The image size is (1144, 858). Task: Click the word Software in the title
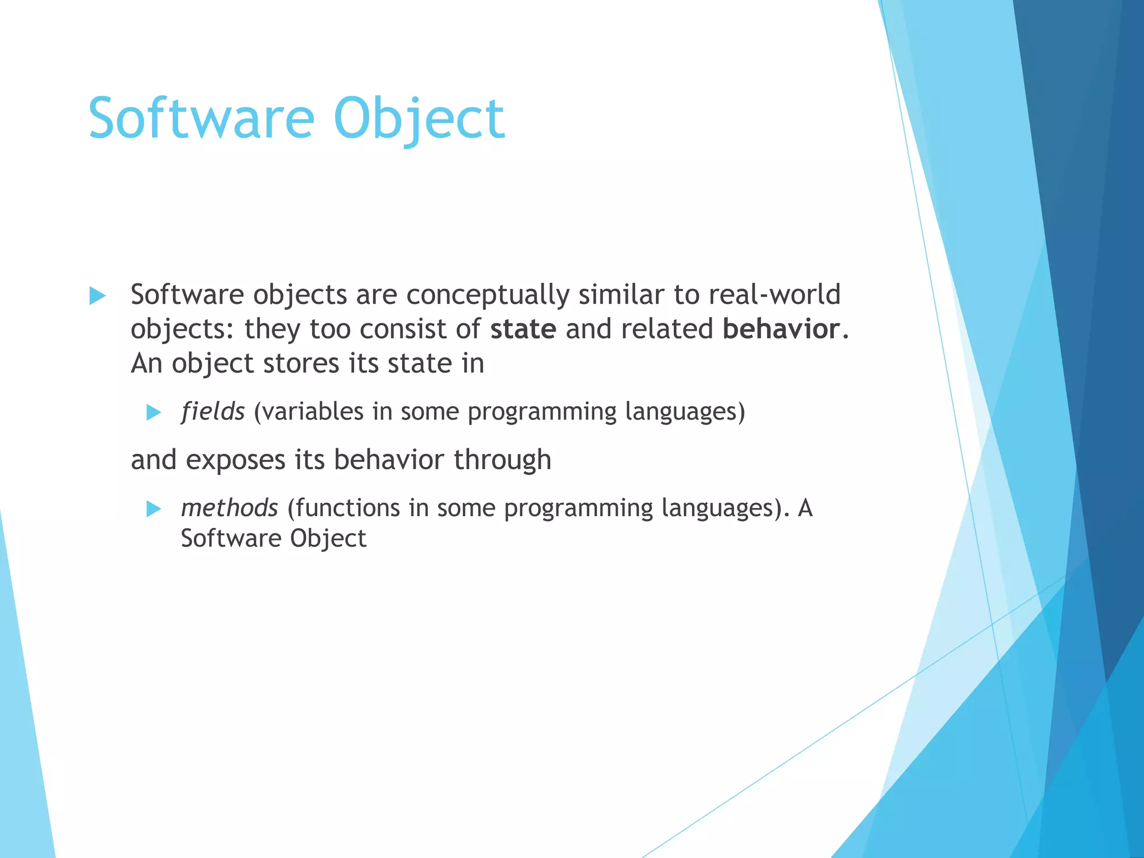201,118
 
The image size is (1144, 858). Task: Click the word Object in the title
419,118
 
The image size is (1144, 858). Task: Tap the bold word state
523,329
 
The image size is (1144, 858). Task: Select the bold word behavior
781,329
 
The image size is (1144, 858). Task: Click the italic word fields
213,412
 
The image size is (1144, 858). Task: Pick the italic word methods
230,508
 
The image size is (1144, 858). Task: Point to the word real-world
774,294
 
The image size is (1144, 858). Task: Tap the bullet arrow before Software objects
98,295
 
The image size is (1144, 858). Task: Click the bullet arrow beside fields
154,413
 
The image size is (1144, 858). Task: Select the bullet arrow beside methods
154,509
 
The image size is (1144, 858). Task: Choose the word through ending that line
502,460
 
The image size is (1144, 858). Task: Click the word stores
301,364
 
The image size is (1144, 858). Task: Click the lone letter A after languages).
805,508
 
